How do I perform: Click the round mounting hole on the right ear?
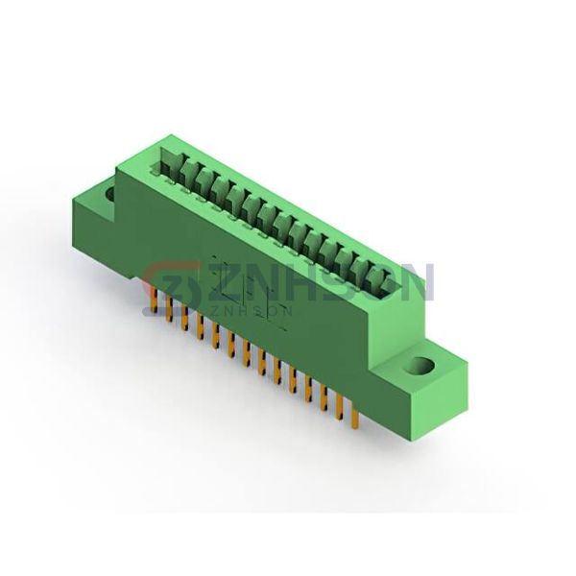(420, 366)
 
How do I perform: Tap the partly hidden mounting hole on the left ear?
(110, 193)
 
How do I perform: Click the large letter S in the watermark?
(348, 283)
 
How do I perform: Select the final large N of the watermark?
(420, 283)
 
